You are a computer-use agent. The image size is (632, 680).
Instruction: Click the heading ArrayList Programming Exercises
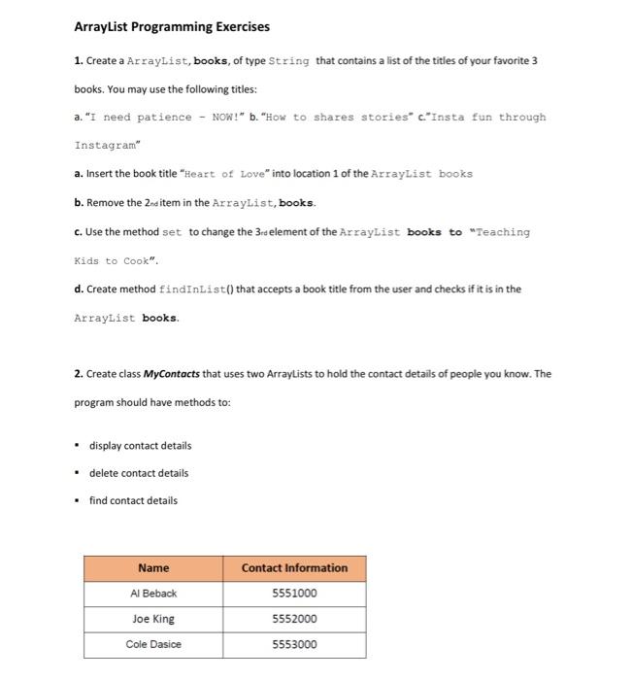(x=172, y=26)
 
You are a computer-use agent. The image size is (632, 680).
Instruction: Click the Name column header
(x=153, y=567)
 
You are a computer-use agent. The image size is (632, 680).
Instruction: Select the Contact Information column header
(x=294, y=567)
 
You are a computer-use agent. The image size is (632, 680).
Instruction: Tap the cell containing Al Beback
(x=153, y=593)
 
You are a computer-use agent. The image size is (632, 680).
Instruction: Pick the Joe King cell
(x=153, y=619)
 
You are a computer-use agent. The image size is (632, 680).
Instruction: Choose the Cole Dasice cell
(x=153, y=644)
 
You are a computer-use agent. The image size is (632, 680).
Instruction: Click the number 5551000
(x=294, y=593)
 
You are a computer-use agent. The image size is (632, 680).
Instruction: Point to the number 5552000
(x=294, y=619)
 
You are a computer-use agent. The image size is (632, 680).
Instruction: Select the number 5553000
(x=294, y=644)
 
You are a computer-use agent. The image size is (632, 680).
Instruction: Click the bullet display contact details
(x=140, y=446)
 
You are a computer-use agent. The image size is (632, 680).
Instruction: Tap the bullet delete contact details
(x=139, y=473)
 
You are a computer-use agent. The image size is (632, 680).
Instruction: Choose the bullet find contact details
(x=133, y=500)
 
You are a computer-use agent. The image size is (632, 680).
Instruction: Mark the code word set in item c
(x=172, y=232)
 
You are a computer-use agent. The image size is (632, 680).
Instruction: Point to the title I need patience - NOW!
(x=158, y=117)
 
